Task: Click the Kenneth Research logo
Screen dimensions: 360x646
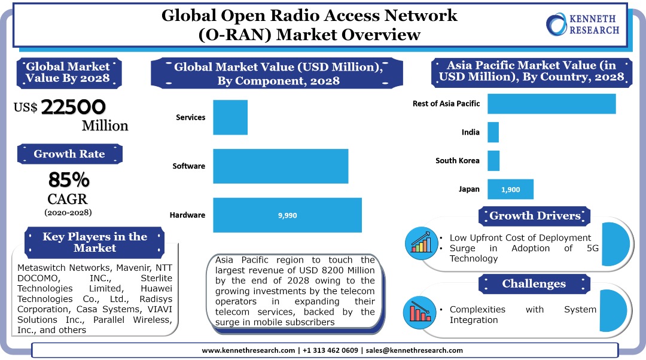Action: pyautogui.click(x=583, y=23)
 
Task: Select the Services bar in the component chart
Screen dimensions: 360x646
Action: pyautogui.click(x=230, y=117)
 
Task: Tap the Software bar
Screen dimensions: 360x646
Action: pyautogui.click(x=281, y=166)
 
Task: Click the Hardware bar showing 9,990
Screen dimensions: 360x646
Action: pyautogui.click(x=287, y=215)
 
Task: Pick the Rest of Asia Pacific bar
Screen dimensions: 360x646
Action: pyautogui.click(x=551, y=103)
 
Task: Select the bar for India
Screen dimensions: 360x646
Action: pyautogui.click(x=493, y=132)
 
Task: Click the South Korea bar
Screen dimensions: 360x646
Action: pyautogui.click(x=493, y=160)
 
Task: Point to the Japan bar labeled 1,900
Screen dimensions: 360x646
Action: pyautogui.click(x=510, y=189)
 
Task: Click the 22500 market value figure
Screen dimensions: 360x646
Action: pyautogui.click(x=74, y=106)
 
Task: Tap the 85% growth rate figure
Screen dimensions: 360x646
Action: pyautogui.click(x=69, y=179)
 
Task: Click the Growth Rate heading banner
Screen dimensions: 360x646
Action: pyautogui.click(x=69, y=154)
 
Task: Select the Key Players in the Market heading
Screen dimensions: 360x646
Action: pyautogui.click(x=95, y=242)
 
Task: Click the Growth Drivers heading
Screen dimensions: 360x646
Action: pyautogui.click(x=535, y=216)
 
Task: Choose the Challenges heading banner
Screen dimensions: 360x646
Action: pyautogui.click(x=534, y=283)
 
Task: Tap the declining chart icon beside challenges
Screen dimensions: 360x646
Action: pyautogui.click(x=422, y=310)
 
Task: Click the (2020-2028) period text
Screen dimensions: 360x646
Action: pyautogui.click(x=68, y=212)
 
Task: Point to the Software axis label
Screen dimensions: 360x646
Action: pyautogui.click(x=188, y=166)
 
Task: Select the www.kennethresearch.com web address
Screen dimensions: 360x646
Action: pyautogui.click(x=248, y=350)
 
